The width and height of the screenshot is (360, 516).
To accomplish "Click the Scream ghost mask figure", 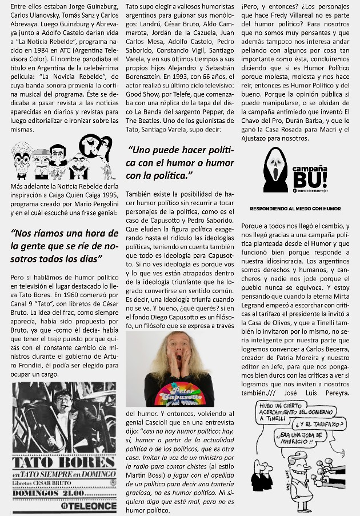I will (x=276, y=170).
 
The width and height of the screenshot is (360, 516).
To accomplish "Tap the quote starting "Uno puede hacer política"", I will (x=180, y=162).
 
